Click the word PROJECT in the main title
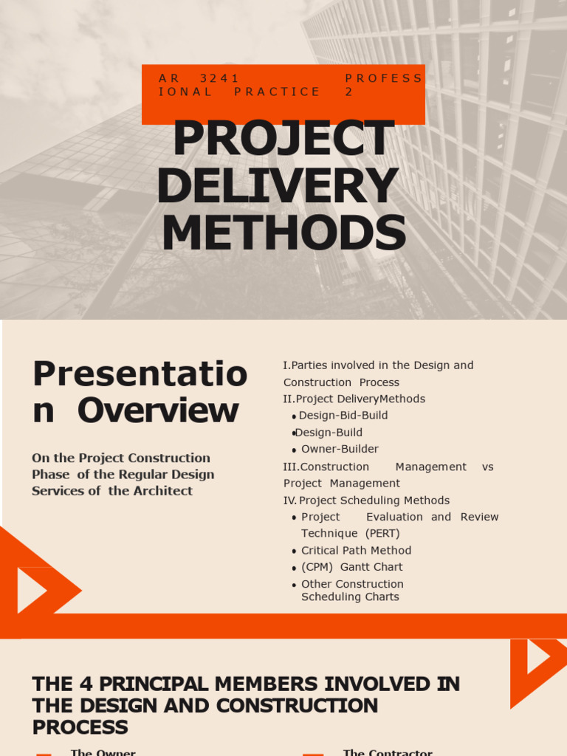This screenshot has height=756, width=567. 283,139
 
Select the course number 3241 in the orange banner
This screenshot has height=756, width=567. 219,78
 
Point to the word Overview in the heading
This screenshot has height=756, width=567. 158,411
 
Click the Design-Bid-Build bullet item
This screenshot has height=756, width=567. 343,416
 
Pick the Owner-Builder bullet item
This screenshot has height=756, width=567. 340,449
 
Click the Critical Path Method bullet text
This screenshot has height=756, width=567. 356,550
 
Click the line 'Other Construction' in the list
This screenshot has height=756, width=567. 352,584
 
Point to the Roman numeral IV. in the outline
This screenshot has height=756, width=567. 290,501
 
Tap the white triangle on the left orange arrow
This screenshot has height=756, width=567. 30,591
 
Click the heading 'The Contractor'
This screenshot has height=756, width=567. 388,752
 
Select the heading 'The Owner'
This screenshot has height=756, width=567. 103,752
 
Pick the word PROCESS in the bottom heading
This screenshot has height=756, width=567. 80,727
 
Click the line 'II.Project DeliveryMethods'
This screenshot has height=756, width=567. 354,399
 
